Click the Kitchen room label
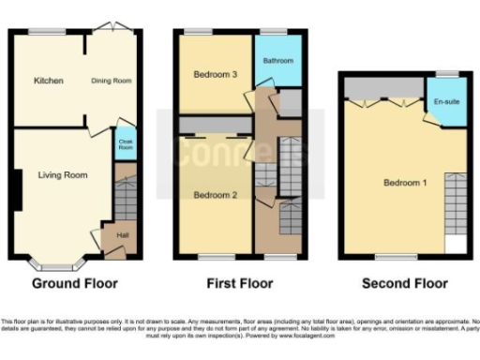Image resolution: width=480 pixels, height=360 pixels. pos(48,81)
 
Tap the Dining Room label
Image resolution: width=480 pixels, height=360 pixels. pos(111,81)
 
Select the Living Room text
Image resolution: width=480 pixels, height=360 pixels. pos(63,174)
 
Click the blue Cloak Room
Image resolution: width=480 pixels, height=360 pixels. pos(125,145)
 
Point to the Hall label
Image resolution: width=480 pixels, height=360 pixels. pos(122,234)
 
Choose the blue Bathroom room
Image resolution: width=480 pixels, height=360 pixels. pos(278,61)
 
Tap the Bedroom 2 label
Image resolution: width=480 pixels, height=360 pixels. pos(214,195)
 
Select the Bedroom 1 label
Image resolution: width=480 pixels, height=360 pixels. pos(405,182)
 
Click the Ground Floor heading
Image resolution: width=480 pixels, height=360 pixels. pos(73,283)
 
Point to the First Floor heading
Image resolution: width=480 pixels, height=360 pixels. pos(240,283)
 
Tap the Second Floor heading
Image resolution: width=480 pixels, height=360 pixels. pos(406,283)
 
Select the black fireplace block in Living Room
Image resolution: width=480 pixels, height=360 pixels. pos(19,190)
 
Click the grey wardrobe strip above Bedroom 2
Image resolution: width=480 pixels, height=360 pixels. pos(214,126)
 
